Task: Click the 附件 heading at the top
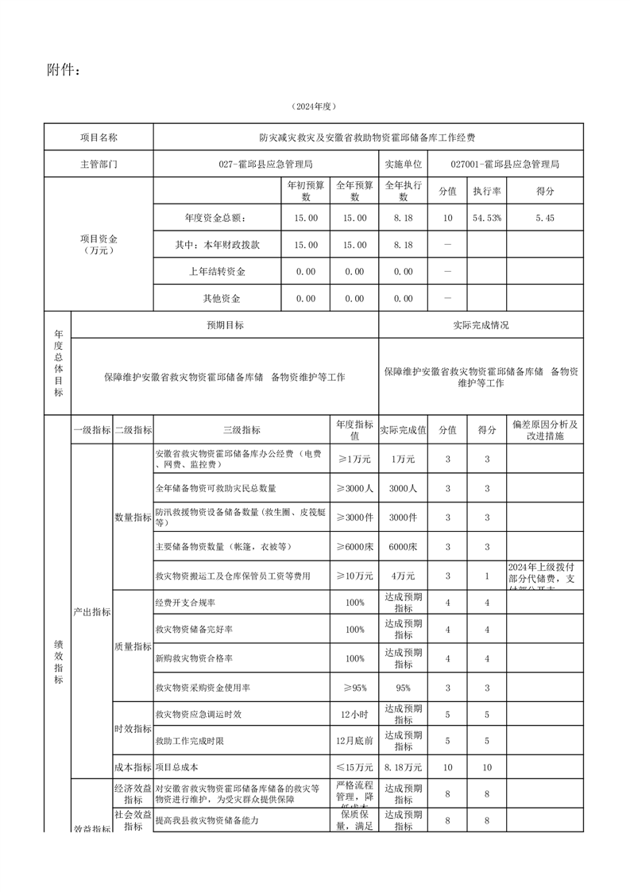coord(64,71)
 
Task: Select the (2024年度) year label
coord(315,107)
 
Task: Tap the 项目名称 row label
coord(99,138)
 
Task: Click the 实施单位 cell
coord(403,165)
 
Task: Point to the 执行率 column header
coord(487,192)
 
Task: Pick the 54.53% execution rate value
coord(487,218)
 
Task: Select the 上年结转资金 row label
coord(217,272)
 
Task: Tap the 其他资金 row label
coord(217,299)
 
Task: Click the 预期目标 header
coord(226,325)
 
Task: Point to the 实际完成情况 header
coord(481,325)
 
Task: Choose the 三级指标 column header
coord(242,429)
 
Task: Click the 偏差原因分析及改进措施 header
coord(545,430)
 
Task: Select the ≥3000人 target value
coord(354,488)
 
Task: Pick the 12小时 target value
coord(354,715)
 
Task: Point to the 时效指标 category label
coord(132,728)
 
